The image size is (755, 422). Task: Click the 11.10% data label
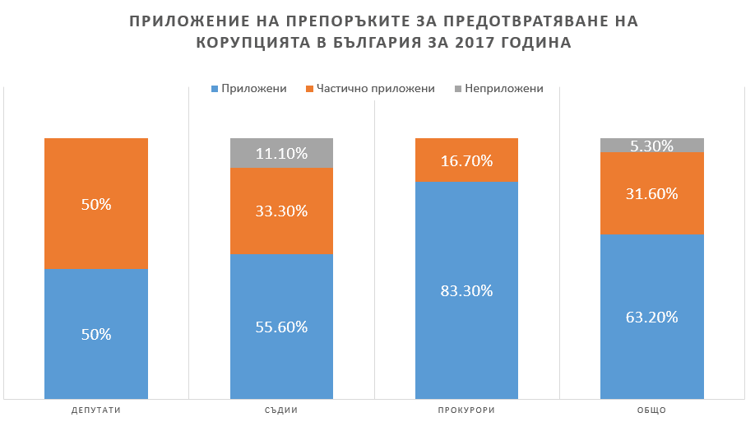tap(281, 153)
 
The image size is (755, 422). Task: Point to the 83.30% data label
tap(466, 290)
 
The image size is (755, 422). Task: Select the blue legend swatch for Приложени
tap(215, 89)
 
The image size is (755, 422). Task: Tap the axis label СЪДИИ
tap(281, 410)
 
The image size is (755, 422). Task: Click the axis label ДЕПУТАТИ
tap(96, 410)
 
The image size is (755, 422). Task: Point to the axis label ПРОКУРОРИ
tap(466, 410)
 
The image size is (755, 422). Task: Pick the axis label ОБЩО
tap(651, 410)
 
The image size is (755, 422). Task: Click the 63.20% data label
tap(651, 317)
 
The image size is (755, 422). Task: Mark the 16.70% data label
tap(466, 160)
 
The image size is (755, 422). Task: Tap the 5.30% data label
tap(651, 146)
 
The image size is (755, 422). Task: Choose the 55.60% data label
tap(281, 327)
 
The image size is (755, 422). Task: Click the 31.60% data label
tap(651, 194)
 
